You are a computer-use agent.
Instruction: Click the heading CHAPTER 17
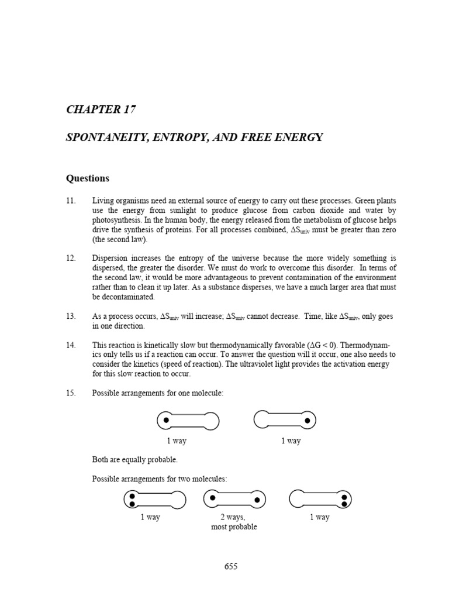[102, 109]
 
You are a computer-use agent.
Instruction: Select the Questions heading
[87, 178]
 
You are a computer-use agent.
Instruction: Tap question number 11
[71, 201]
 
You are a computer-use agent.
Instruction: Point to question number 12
[71, 258]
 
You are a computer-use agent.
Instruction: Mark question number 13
[71, 316]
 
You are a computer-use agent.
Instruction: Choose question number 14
[71, 345]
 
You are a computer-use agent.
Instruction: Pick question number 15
[71, 393]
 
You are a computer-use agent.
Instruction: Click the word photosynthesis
[115, 220]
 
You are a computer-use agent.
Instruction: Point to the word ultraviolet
[243, 364]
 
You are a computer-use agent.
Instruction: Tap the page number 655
[231, 566]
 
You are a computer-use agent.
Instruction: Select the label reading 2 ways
[233, 517]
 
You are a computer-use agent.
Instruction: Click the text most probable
[234, 526]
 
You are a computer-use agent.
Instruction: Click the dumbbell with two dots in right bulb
[320, 500]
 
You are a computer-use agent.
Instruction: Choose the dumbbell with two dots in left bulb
[155, 500]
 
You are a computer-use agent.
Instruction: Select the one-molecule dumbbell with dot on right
[285, 420]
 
